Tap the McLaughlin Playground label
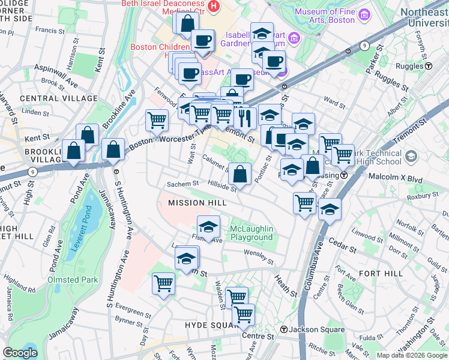tap(252, 233)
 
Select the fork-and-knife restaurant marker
tap(243, 116)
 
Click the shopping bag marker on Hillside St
tap(240, 175)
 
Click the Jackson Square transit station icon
tap(284, 329)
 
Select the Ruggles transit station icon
tap(430, 66)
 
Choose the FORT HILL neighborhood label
tap(375, 273)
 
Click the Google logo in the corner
tap(20, 353)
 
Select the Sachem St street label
tap(182, 184)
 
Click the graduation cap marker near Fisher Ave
tap(208, 228)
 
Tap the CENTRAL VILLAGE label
tap(58, 98)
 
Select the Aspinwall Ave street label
tap(55, 74)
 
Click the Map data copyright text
tap(411, 355)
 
